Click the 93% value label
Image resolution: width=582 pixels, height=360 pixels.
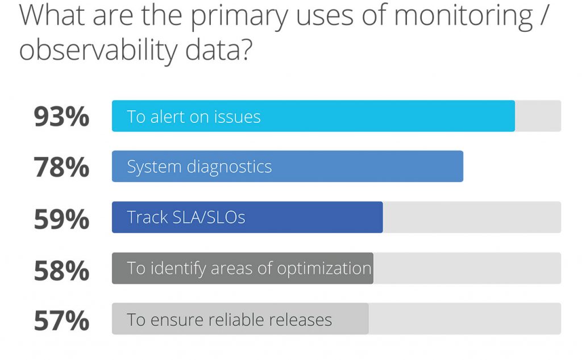pos(61,117)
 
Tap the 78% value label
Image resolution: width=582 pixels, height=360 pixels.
pos(61,167)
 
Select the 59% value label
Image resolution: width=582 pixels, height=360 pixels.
pos(61,219)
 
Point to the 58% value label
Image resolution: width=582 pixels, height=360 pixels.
pos(61,270)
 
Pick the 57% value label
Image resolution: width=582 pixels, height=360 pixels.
pos(61,320)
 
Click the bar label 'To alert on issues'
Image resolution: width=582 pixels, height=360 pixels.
pos(194,117)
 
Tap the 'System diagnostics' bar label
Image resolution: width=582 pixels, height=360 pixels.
pos(199,167)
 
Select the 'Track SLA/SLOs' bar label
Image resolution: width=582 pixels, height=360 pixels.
pos(186,217)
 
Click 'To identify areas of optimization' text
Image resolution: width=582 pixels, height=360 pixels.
pos(249,268)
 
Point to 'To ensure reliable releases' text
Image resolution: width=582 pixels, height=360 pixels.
pos(230,320)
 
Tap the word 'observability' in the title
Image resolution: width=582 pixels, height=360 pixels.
pos(98,51)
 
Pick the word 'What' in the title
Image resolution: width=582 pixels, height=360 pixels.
pos(52,15)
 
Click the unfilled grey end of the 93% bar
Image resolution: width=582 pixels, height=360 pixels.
pos(538,116)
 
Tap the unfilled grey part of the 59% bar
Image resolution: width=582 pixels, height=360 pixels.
pos(472,217)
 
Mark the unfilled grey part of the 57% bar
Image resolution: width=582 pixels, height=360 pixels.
pos(465,318)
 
